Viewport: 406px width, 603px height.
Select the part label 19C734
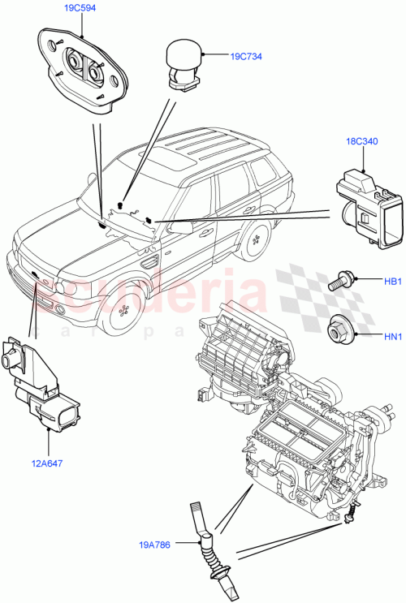click(244, 57)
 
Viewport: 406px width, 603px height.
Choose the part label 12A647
click(48, 464)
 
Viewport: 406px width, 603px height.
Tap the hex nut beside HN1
click(339, 331)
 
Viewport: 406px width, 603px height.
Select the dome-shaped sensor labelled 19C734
click(186, 61)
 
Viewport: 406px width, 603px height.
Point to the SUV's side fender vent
click(149, 261)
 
